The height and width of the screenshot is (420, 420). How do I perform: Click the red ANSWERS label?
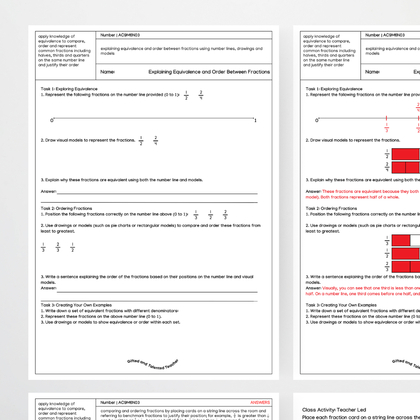pos(260,402)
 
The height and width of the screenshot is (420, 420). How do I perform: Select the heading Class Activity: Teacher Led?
pos(334,409)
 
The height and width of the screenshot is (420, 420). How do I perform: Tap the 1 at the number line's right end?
pos(255,121)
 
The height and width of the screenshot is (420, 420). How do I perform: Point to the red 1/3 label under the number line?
pos(387,128)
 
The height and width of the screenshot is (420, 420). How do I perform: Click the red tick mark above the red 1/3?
pos(387,118)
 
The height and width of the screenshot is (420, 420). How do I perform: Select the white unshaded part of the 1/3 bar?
pos(415,240)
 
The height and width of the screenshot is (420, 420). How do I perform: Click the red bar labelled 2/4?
pos(406,168)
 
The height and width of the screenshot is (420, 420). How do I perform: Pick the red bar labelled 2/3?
pos(406,266)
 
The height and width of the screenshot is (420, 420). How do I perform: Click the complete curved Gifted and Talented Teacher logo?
pos(152,364)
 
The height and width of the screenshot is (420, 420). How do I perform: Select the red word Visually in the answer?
pos(330,288)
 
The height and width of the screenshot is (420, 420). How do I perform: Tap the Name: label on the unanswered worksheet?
pos(107,72)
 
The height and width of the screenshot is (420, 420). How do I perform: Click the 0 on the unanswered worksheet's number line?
pos(51,121)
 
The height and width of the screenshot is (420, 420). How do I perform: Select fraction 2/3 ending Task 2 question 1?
pos(225,215)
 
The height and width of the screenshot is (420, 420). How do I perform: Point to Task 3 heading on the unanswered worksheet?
pos(76,305)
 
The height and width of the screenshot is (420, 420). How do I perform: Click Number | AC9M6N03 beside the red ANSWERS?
pos(120,402)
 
